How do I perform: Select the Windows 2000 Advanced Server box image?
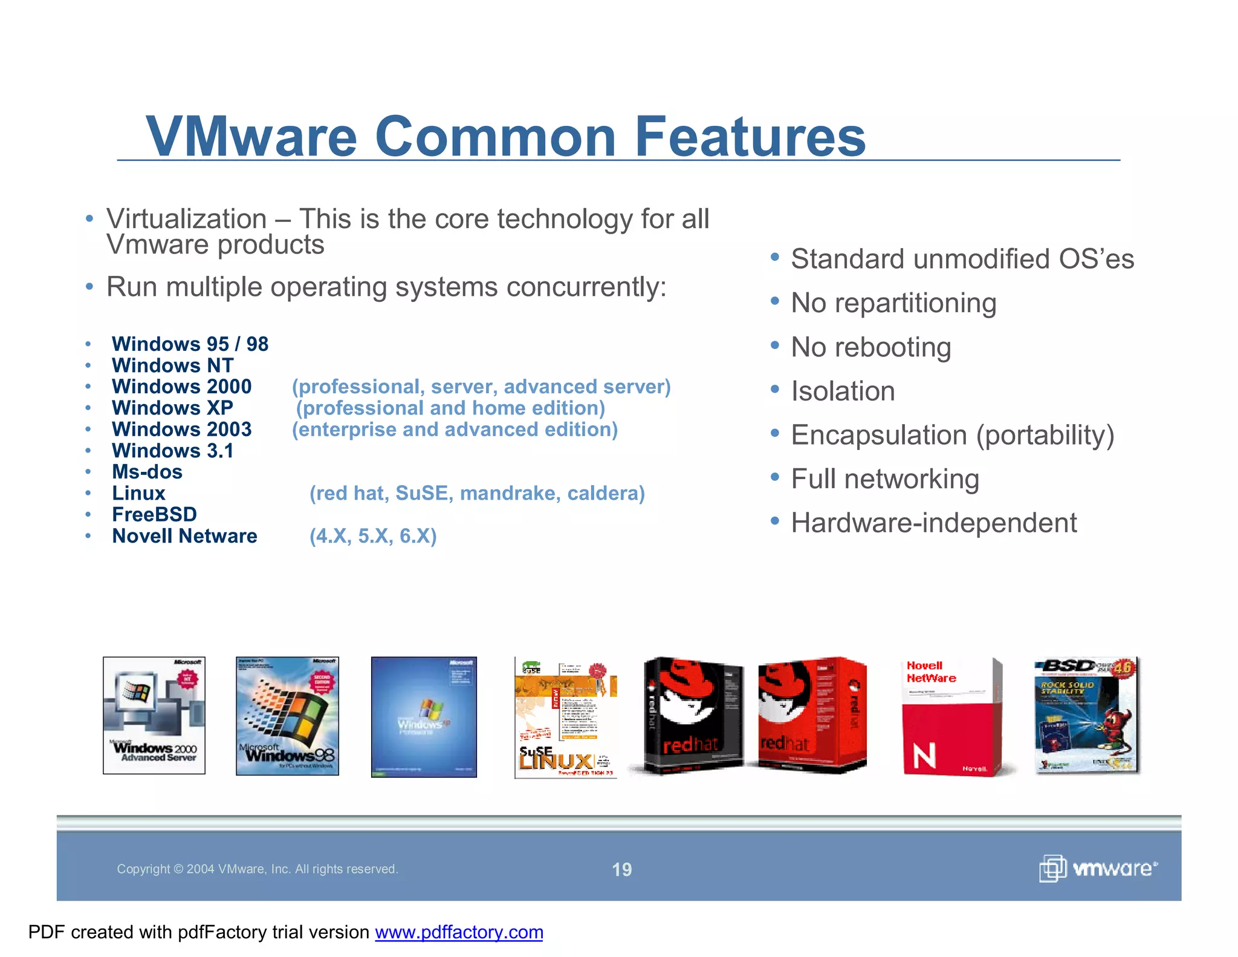[x=154, y=715]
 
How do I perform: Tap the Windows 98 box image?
[x=287, y=716]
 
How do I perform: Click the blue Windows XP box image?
[x=424, y=717]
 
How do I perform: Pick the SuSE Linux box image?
[x=565, y=717]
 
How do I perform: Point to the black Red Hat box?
[x=692, y=715]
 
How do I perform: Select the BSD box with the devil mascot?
[x=1087, y=715]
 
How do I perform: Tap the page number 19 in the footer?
[x=621, y=869]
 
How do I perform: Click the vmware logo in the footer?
[x=1098, y=869]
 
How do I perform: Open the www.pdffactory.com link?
[x=459, y=932]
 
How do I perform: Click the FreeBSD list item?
[x=154, y=514]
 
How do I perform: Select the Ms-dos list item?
[x=147, y=472]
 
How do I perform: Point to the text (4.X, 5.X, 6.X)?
[x=373, y=536]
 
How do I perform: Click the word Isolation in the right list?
[x=843, y=391]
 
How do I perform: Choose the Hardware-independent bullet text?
[x=933, y=523]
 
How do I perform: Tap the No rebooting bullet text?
[x=870, y=347]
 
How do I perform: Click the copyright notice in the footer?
[x=257, y=869]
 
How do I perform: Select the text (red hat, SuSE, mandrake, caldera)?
[x=477, y=493]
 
